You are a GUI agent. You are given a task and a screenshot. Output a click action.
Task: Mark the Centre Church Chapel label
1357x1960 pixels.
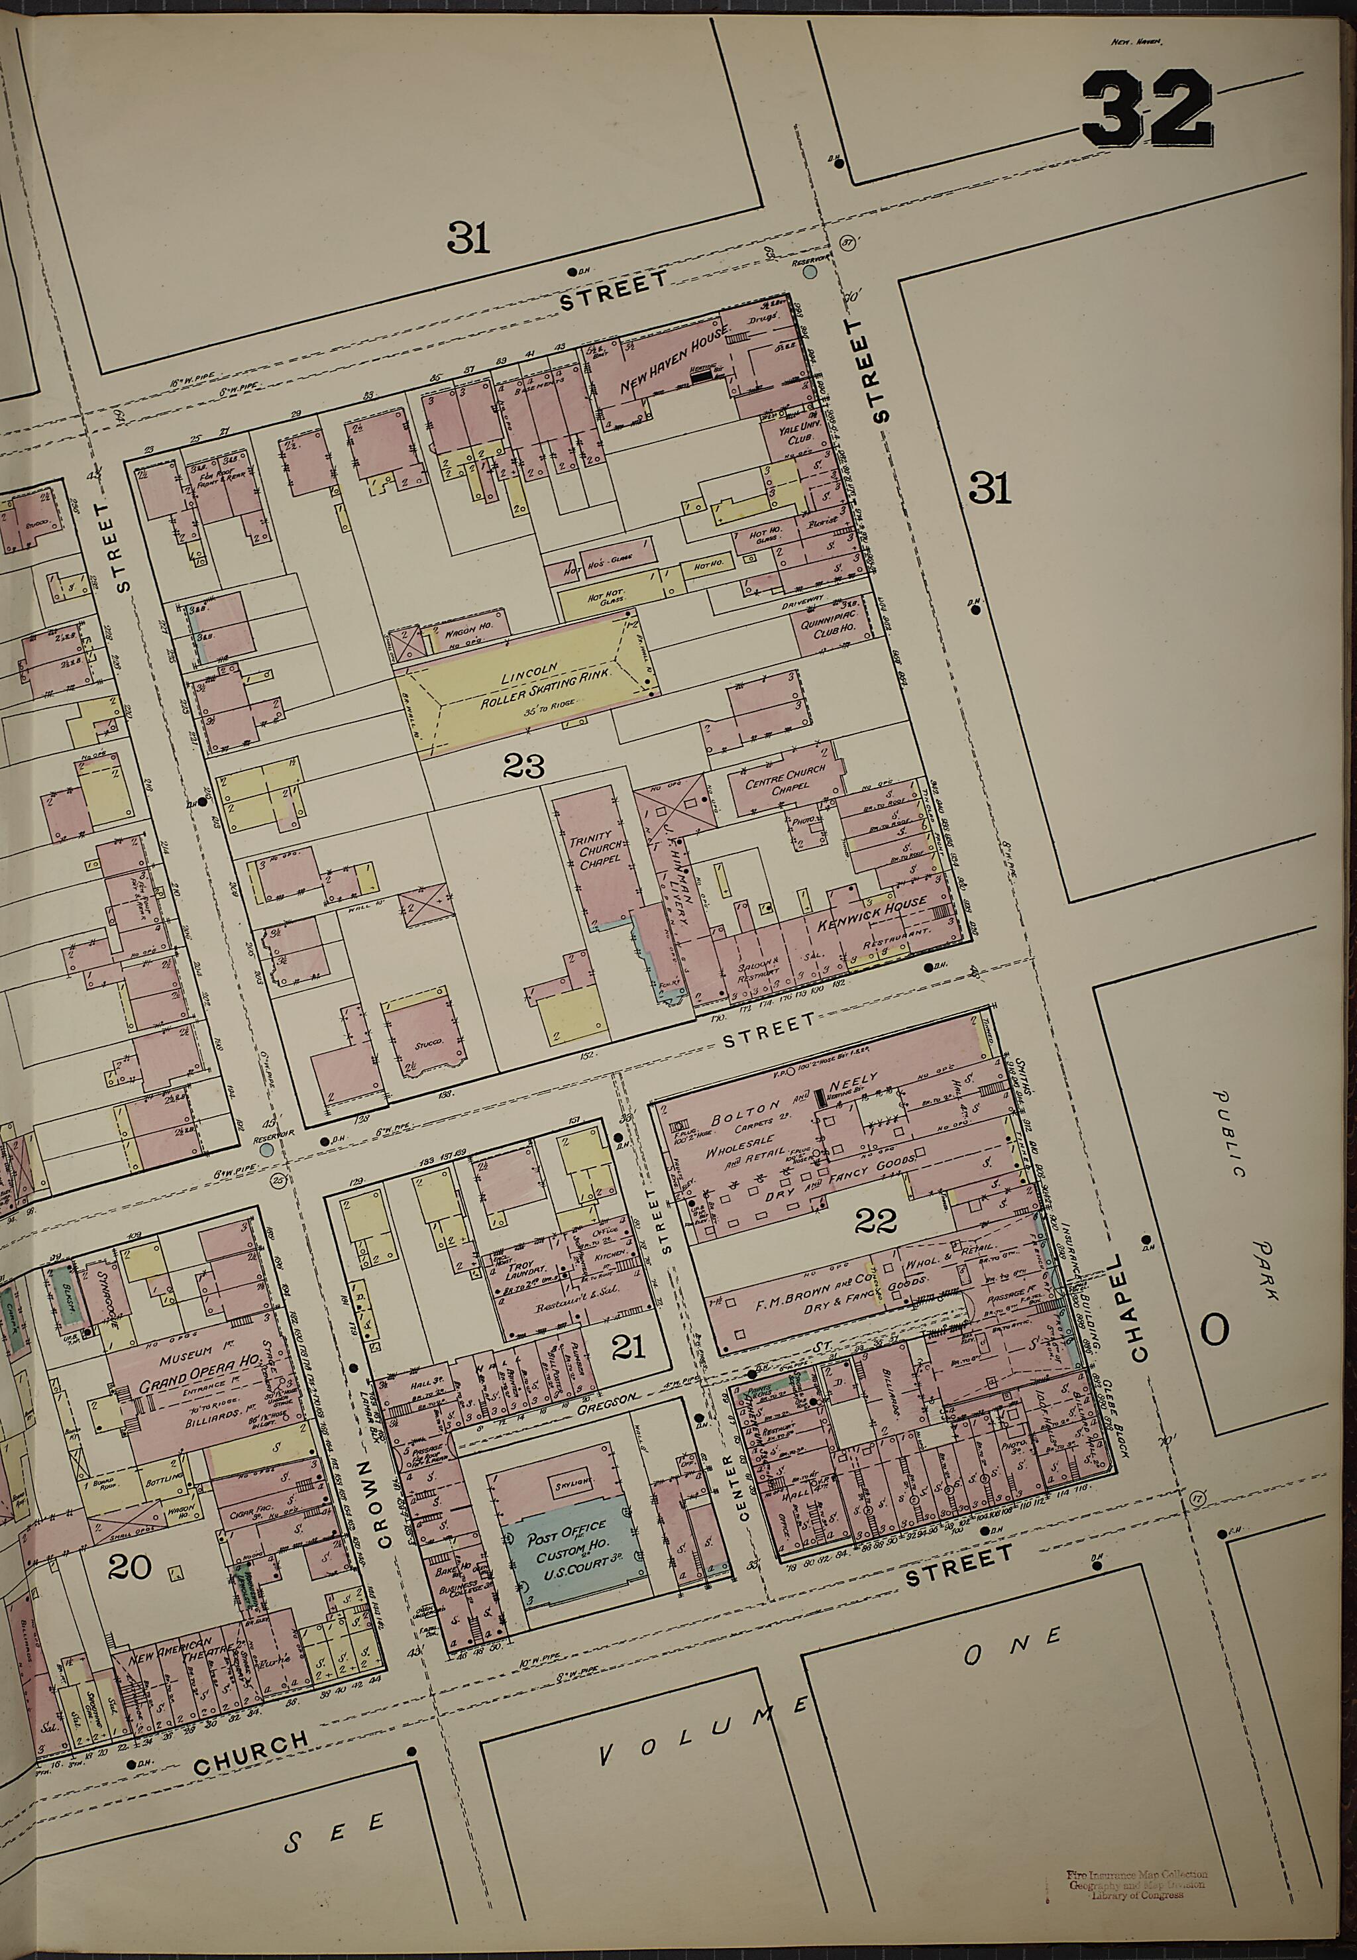[777, 783]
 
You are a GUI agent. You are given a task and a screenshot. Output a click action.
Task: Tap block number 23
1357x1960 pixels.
[523, 768]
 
